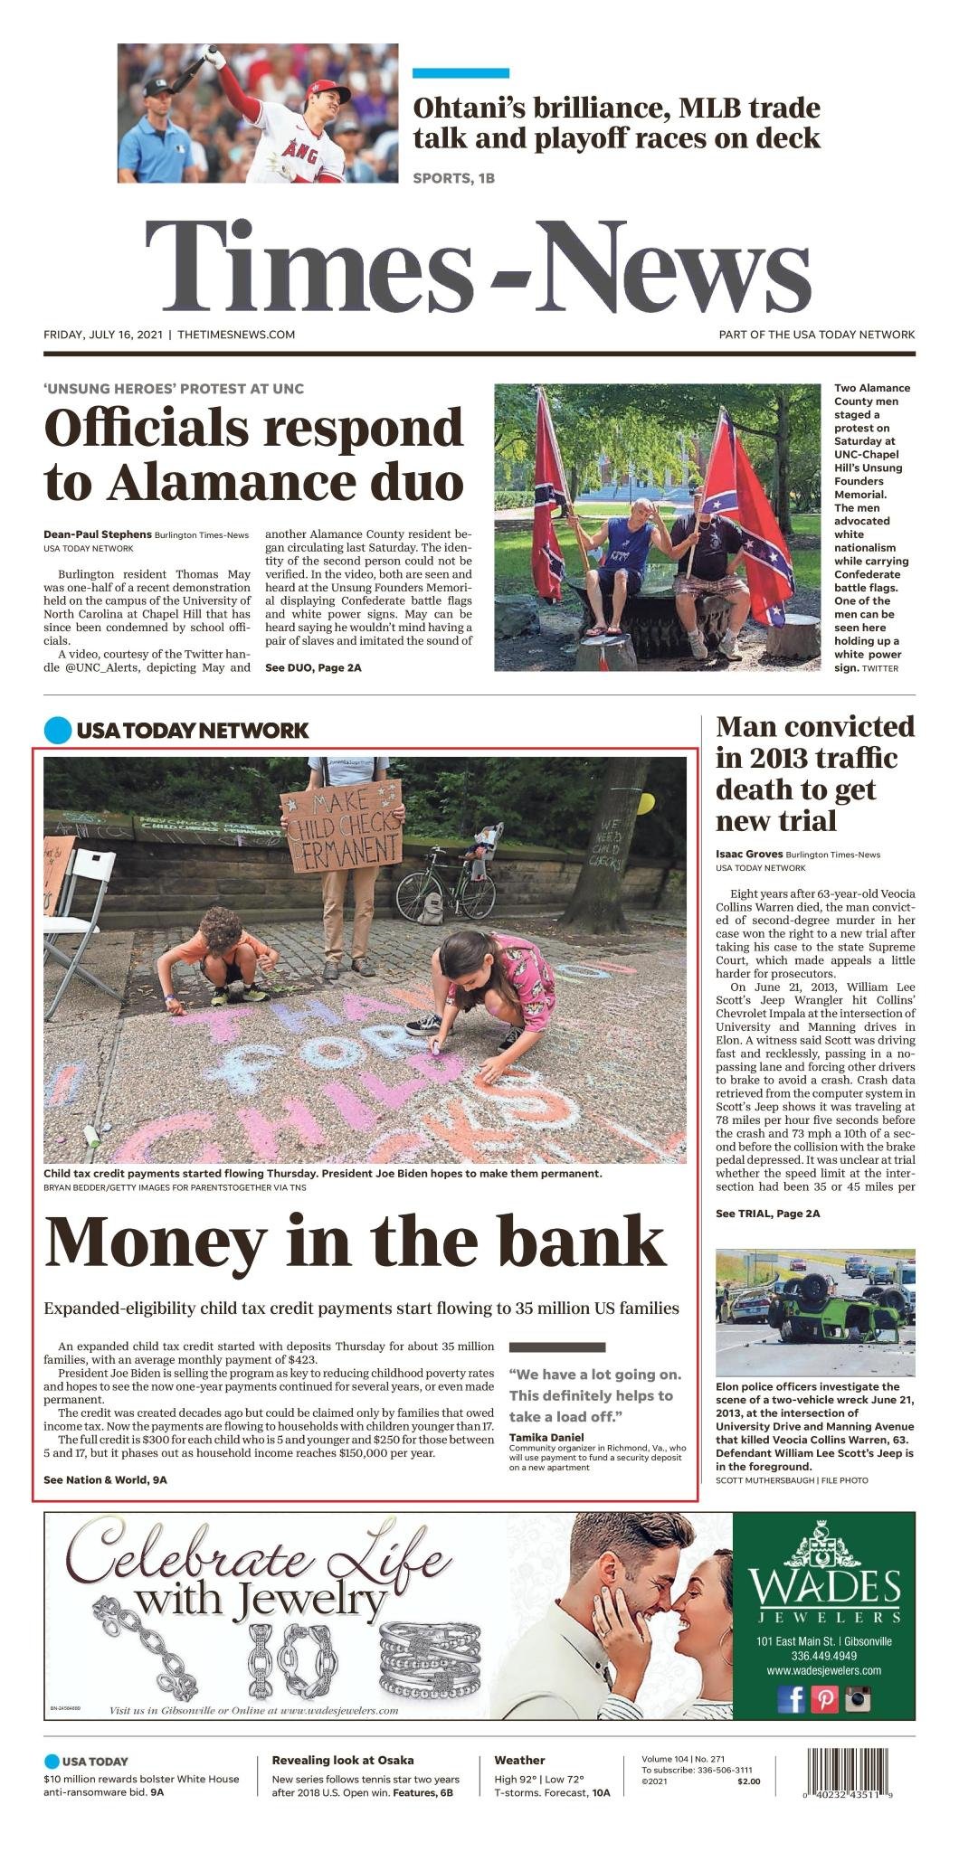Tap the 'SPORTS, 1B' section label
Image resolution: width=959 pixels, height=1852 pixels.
click(453, 178)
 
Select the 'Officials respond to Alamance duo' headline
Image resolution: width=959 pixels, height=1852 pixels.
click(253, 454)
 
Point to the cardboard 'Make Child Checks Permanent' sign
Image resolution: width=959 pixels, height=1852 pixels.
click(342, 827)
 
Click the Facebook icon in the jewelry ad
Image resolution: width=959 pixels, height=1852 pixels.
click(791, 1699)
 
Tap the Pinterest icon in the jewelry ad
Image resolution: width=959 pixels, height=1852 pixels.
click(824, 1699)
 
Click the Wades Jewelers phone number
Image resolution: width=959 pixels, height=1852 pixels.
click(823, 1656)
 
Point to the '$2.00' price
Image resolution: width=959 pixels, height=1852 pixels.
click(748, 1781)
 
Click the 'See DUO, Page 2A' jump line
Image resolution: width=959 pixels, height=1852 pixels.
click(313, 667)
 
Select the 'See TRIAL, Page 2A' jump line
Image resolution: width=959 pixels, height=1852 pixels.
click(767, 1213)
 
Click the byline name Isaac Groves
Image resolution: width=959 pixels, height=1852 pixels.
click(748, 854)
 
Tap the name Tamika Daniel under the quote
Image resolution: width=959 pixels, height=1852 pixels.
click(546, 1437)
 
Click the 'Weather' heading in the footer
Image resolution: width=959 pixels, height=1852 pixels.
click(519, 1760)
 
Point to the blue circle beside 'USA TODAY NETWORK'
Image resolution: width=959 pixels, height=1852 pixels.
click(57, 730)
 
